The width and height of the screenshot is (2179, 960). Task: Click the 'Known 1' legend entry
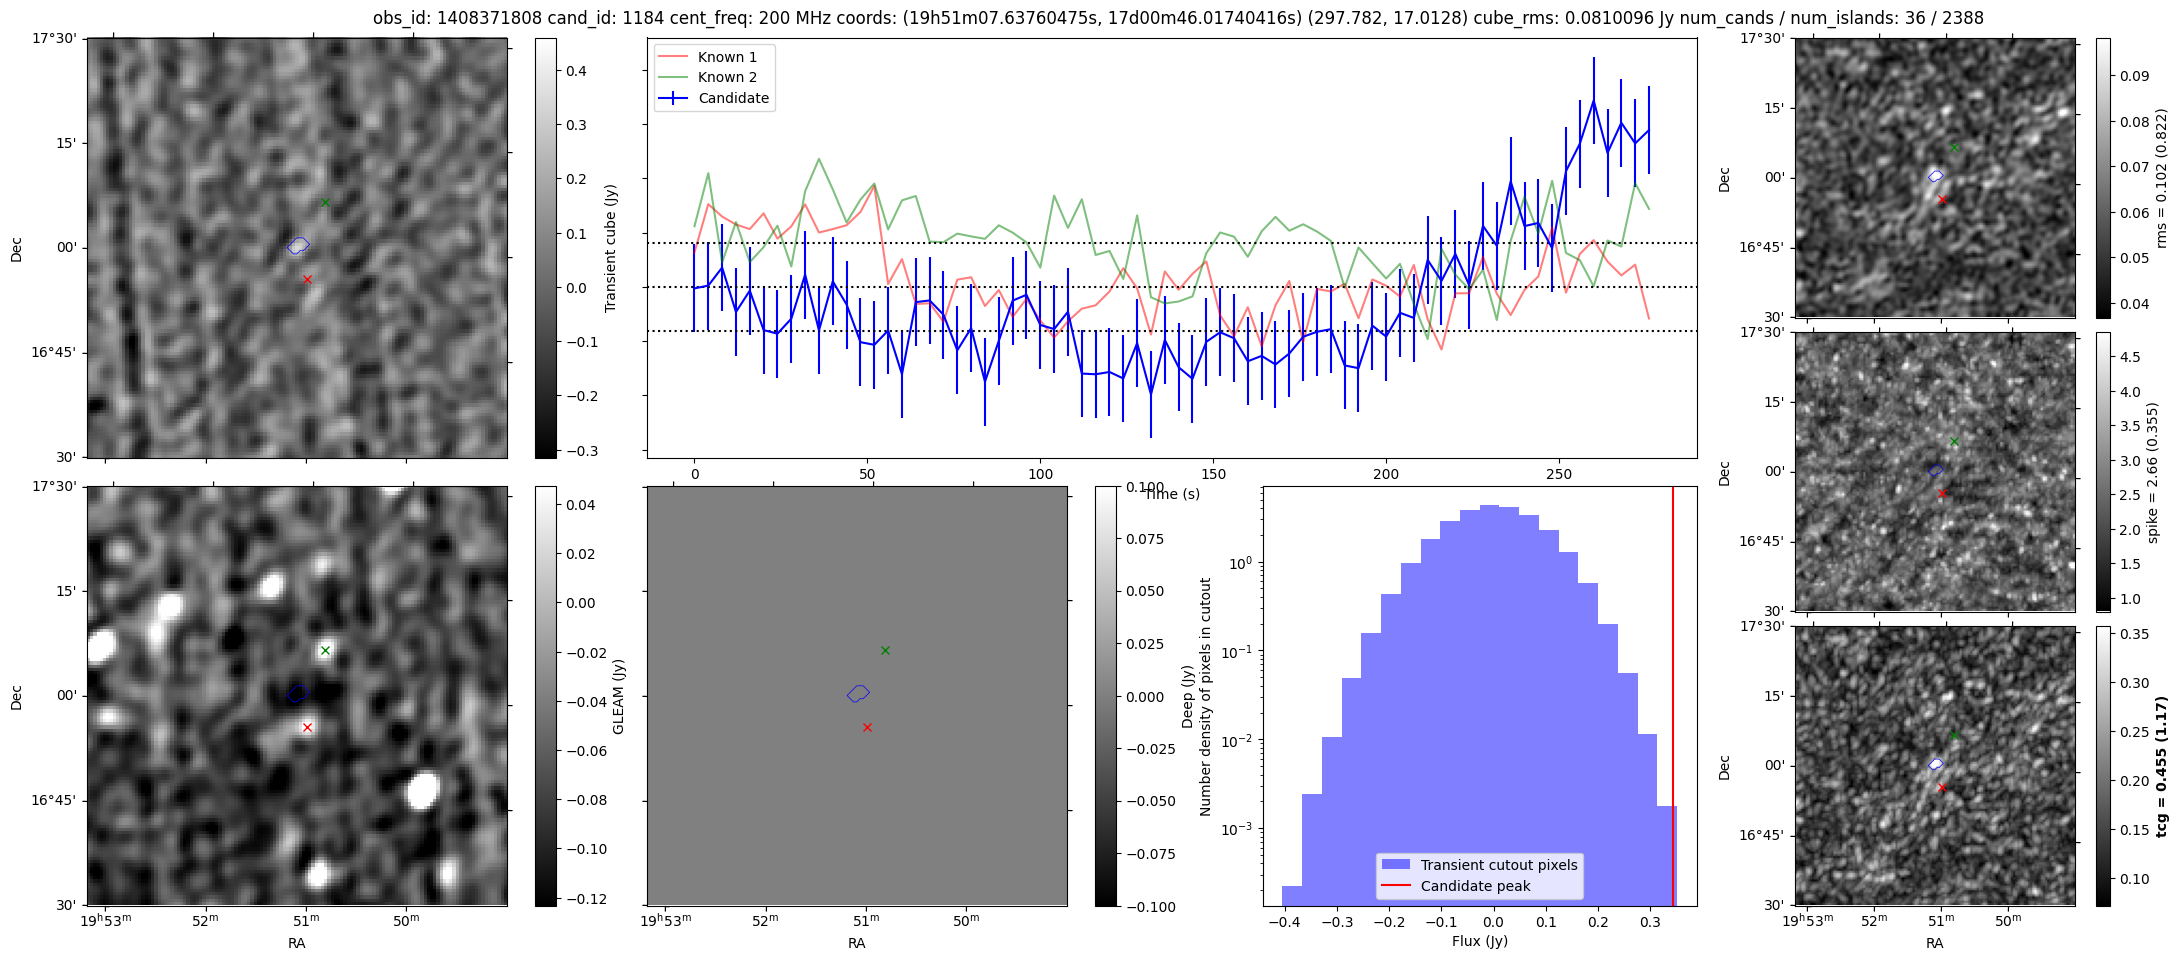727,57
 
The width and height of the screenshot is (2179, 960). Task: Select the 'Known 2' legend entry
727,77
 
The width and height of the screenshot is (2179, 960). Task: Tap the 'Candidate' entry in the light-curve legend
733,98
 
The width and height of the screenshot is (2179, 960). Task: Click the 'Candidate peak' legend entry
1475,886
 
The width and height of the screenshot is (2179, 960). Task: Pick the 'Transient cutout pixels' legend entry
1498,865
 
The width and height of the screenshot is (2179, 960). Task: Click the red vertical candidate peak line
1673,700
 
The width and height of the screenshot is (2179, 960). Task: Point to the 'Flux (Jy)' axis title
1479,941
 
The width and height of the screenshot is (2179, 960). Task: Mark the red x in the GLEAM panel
307,727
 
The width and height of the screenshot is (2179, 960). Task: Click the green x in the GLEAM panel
325,651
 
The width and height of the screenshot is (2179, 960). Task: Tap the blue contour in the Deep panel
858,692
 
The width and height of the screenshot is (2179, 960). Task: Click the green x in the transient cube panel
325,203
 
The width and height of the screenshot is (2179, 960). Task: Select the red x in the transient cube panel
307,279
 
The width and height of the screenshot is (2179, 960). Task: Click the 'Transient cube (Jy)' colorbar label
610,248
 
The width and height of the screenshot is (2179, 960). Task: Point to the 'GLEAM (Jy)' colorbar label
618,696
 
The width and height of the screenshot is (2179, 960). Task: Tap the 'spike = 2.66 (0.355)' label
2152,472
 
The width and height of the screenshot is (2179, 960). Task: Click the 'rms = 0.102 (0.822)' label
2160,178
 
